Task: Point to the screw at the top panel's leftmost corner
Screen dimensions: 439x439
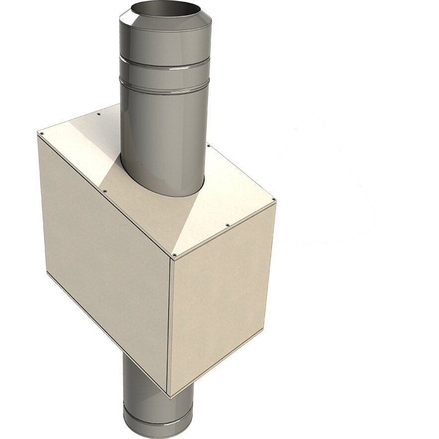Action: click(x=42, y=133)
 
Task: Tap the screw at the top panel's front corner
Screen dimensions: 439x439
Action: click(x=174, y=255)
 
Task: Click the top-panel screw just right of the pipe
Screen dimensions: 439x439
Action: click(x=208, y=145)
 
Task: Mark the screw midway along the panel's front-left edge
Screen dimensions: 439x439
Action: click(x=104, y=190)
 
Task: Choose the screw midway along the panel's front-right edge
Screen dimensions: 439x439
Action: click(x=227, y=225)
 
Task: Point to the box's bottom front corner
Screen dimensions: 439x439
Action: click(x=169, y=396)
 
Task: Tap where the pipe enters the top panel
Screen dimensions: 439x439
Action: click(x=164, y=191)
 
